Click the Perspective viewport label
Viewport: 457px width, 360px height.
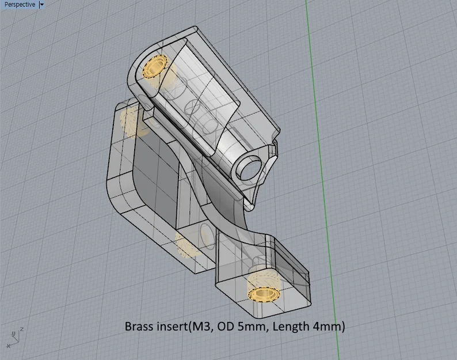(19, 5)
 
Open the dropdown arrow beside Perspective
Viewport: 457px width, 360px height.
(42, 5)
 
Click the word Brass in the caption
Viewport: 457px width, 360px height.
(139, 327)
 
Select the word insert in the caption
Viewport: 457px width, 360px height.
(173, 327)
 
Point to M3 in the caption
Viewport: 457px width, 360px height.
(203, 327)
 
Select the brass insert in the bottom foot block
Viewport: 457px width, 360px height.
(264, 292)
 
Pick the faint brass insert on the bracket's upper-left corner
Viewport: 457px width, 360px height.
(130, 121)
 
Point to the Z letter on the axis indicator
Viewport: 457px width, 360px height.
(21, 329)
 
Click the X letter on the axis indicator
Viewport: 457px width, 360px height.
(8, 346)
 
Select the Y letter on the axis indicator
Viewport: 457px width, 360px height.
(13, 334)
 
